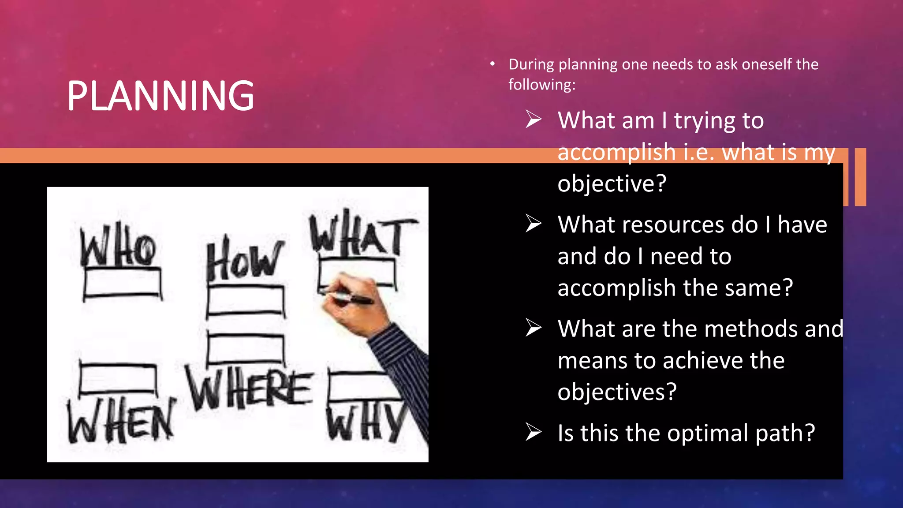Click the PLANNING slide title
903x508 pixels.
pyautogui.click(x=160, y=96)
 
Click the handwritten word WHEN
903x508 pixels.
pyautogui.click(x=120, y=421)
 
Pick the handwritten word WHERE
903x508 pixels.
pyautogui.click(x=249, y=388)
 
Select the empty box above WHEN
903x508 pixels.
pyautogui.click(x=118, y=379)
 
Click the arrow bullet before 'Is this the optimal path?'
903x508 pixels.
pyautogui.click(x=534, y=432)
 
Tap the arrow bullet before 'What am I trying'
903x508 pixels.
pyautogui.click(x=534, y=120)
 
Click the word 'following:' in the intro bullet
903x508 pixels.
pyautogui.click(x=542, y=84)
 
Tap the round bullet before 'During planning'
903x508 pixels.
pyautogui.click(x=493, y=64)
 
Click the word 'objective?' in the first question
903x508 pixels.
pyautogui.click(x=612, y=183)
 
